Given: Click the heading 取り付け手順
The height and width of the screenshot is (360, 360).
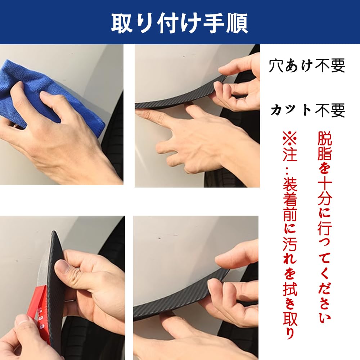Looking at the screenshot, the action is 180,23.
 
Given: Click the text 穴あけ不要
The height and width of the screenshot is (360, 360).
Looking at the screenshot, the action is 307,66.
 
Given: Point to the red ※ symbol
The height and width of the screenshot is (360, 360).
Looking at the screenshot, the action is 290,139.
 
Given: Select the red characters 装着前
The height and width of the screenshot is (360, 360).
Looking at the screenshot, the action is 290,199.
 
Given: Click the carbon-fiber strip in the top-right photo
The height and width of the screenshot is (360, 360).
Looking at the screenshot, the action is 181,96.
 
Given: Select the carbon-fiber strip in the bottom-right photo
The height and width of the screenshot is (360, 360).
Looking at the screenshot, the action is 181,296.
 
